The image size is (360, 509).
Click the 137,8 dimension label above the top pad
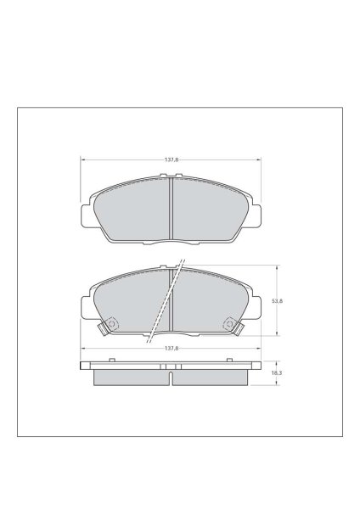(172, 159)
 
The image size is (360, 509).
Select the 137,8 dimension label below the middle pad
(172, 349)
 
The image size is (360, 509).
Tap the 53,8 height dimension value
(277, 301)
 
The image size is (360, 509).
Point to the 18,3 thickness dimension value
(277, 373)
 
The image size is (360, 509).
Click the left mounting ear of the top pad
(85, 215)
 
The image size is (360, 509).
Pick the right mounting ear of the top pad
(256, 215)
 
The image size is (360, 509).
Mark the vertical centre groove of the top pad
(171, 209)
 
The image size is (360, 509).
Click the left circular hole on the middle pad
(111, 324)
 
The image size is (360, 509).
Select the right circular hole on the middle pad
(230, 324)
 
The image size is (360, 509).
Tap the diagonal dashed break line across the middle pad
(166, 301)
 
